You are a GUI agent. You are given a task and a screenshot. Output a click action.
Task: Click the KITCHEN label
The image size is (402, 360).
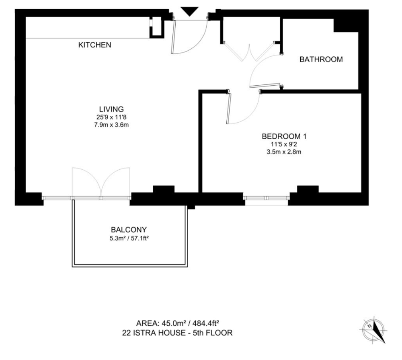tap(94, 45)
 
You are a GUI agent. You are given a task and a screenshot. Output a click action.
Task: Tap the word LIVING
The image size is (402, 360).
tap(111, 109)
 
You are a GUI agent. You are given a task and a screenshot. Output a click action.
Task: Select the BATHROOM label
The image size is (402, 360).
tap(321, 59)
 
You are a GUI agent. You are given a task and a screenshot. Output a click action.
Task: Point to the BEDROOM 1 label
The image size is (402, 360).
tap(284, 136)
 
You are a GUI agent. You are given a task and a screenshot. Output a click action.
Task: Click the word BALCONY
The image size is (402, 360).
tap(129, 229)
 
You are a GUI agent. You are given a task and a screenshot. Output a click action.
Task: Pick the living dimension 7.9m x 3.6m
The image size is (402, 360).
tap(111, 125)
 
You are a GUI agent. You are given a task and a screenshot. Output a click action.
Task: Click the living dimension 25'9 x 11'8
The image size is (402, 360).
tap(111, 117)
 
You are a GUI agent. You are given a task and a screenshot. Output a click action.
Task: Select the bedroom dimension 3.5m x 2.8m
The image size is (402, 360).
tap(284, 152)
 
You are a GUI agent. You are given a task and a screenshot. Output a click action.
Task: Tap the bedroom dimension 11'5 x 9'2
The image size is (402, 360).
tap(284, 144)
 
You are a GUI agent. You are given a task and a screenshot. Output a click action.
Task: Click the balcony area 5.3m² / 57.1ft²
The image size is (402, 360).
tap(129, 239)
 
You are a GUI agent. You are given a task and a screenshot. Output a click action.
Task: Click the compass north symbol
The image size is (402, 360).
tap(374, 330)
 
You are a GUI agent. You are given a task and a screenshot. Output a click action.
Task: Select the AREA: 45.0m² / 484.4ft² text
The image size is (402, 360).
tap(177, 323)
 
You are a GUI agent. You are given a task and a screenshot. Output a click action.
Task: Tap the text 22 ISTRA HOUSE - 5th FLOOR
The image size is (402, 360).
tap(177, 333)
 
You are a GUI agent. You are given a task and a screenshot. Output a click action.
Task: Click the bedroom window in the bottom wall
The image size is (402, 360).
tap(267, 198)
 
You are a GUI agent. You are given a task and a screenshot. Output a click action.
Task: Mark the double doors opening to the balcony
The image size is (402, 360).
tap(101, 183)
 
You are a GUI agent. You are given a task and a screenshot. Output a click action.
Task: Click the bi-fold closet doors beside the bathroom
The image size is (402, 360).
tap(249, 52)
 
